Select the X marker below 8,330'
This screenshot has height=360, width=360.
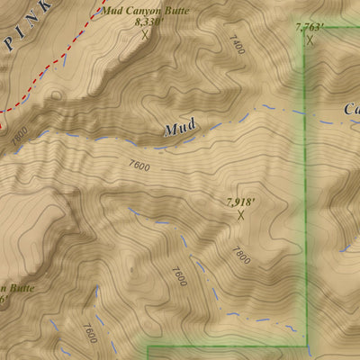pos(145,36)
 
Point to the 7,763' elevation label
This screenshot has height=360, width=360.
pos(310,28)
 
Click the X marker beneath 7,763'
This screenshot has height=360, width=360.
pos(310,40)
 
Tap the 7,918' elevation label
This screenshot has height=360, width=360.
pos(240,202)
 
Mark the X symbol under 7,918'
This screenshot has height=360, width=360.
pos(240,215)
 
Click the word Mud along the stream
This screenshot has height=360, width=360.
pos(179,130)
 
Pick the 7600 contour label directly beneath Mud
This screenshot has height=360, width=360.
pos(139,166)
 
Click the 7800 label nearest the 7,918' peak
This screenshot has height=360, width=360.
pos(240,256)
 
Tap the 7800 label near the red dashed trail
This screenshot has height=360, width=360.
pos(20,132)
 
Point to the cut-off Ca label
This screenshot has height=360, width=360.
pos(350,110)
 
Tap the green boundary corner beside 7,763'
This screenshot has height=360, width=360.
pos(305,29)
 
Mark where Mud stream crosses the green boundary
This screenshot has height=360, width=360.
pos(305,113)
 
